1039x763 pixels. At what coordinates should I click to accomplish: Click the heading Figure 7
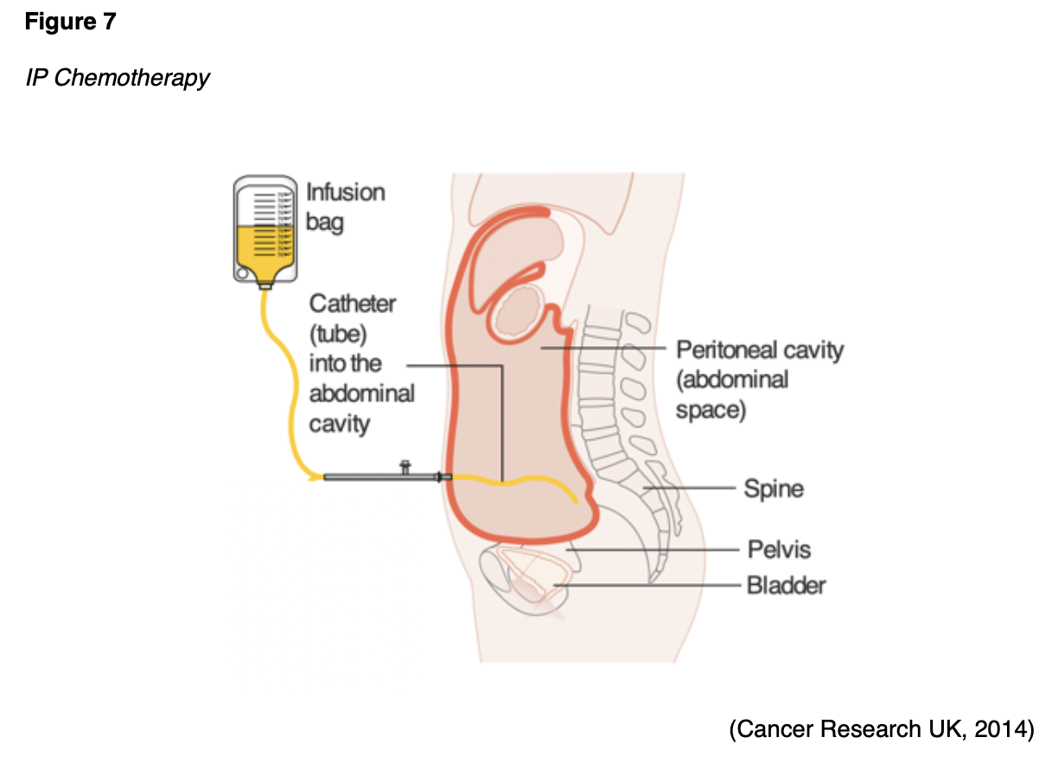click(x=70, y=22)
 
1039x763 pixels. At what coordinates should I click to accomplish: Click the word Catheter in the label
click(x=353, y=304)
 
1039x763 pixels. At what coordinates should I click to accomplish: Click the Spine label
click(x=774, y=489)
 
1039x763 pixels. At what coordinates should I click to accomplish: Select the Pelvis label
click(x=779, y=549)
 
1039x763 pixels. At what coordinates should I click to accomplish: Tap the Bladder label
click(x=786, y=586)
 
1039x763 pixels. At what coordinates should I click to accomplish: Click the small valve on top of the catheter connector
click(x=405, y=467)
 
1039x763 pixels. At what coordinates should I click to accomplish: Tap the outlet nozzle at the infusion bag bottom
click(x=265, y=283)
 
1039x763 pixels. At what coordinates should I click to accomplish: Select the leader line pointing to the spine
click(x=692, y=489)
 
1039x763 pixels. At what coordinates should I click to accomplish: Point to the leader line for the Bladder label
click(x=648, y=586)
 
